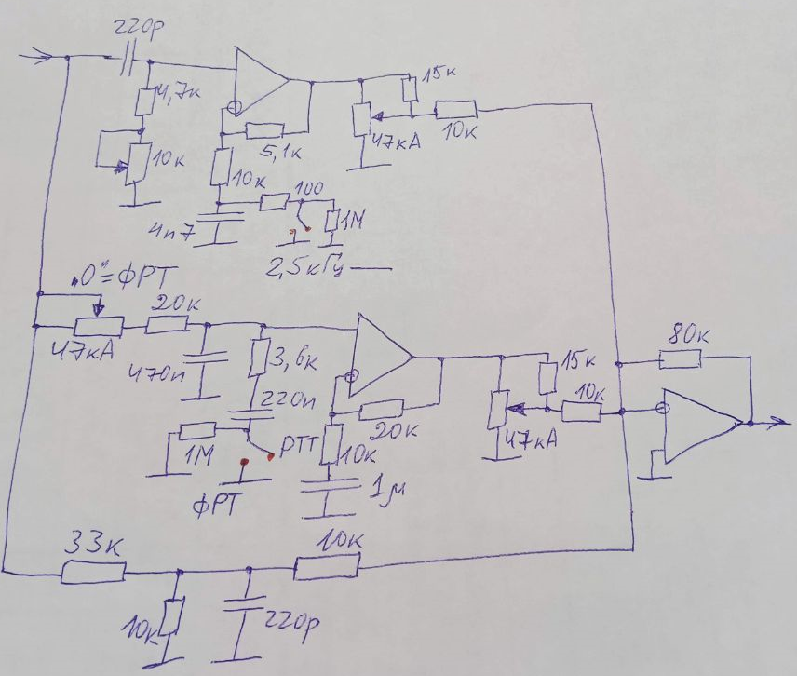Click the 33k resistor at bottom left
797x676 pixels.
pyautogui.click(x=93, y=570)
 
